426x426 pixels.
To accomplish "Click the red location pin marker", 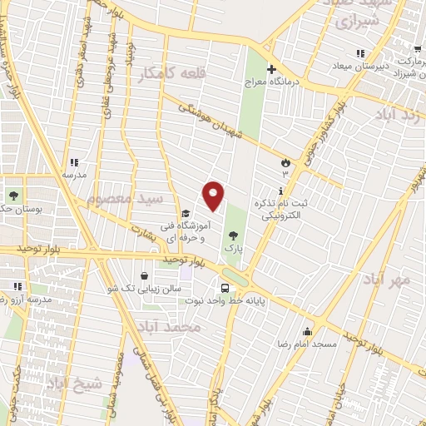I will coord(214,196).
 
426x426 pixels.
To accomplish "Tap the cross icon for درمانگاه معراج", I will coord(271,69).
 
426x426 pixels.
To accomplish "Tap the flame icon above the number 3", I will coord(285,162).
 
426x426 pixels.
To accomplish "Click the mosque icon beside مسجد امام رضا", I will coord(307,330).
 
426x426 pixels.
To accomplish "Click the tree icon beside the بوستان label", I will coord(14,196).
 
